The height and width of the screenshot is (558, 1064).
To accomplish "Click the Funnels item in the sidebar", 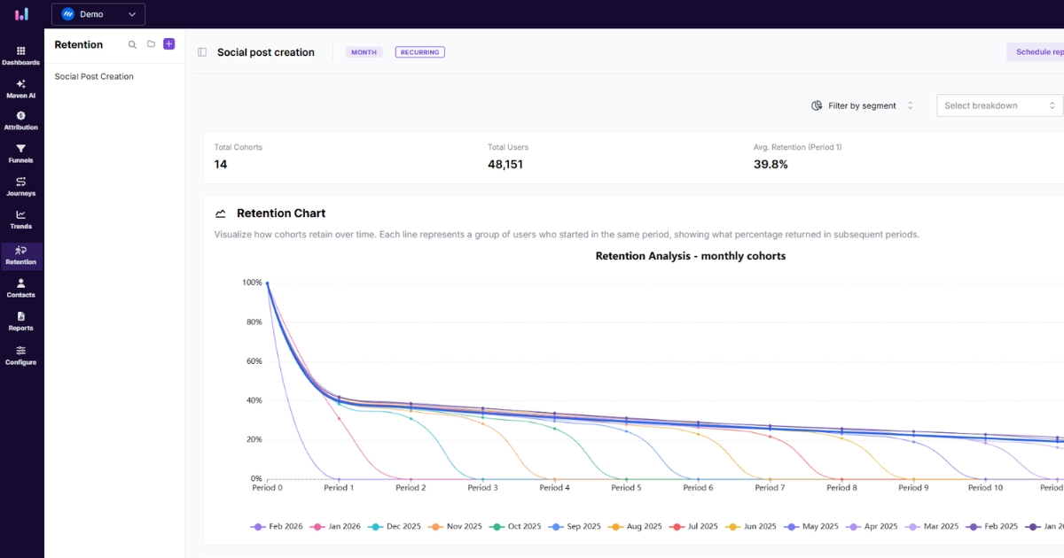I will pos(21,153).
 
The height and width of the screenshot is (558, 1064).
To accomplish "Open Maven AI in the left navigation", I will pos(21,89).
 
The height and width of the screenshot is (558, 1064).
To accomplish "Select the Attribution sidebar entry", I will pos(21,120).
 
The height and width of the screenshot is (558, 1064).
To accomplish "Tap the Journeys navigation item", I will pos(21,186).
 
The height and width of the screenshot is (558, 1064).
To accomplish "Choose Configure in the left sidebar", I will pos(21,355).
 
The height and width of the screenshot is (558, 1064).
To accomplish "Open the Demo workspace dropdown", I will pos(98,14).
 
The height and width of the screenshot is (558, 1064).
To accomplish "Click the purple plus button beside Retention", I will pos(169,44).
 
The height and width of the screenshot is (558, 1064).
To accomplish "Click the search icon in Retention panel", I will pos(132,44).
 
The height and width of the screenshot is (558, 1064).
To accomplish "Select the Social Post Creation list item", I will pos(94,77).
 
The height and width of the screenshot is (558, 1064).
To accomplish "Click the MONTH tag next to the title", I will pos(364,52).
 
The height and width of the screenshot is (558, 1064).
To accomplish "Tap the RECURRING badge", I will pos(419,52).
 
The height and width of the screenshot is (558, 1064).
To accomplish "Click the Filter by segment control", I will pos(861,105).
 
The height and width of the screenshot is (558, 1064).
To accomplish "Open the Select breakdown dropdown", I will pos(999,105).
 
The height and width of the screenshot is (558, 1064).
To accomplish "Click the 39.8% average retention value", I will pos(771,165).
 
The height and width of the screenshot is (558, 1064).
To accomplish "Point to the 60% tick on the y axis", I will pos(254,361).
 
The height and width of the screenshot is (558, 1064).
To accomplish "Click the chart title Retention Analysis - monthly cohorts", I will pos(690,256).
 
